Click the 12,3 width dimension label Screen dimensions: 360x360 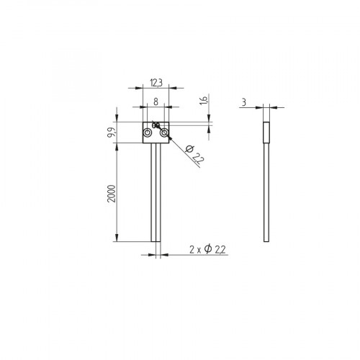tap(156, 82)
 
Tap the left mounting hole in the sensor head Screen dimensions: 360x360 tap(148, 134)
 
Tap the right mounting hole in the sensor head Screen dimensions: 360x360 tap(165, 134)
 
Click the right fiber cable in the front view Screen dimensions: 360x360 tap(160, 194)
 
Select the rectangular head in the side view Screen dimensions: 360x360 tap(266, 133)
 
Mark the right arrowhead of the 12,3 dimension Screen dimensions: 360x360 tap(168, 88)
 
